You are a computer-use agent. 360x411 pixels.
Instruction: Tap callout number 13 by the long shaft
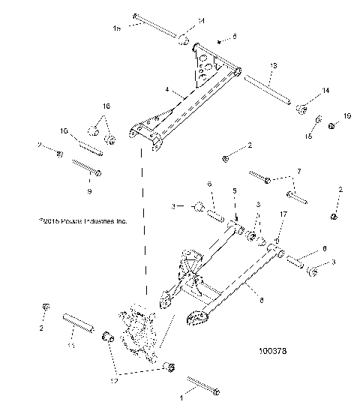273,67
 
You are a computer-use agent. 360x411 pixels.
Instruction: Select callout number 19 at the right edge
346,115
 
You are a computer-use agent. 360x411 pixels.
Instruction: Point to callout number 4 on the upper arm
166,89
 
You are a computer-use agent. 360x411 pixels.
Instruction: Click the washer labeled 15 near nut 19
319,119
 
